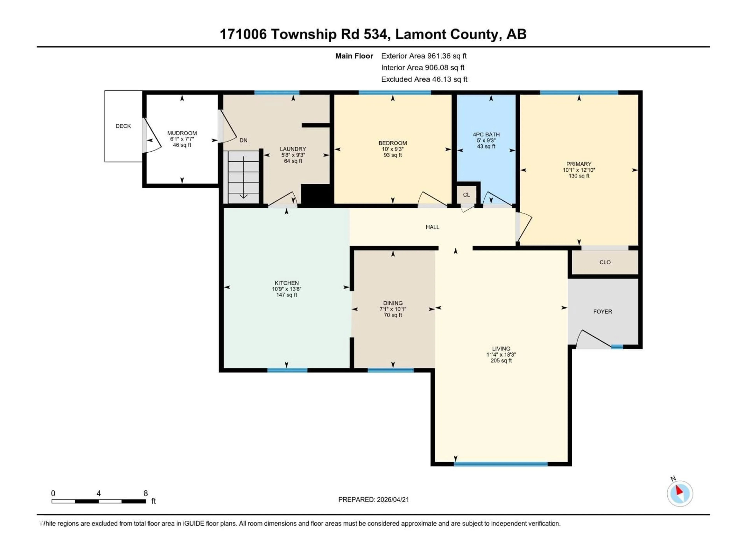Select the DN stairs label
243,140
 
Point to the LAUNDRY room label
293,149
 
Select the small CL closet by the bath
466,195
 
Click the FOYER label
602,311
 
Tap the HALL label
432,227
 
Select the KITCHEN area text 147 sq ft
286,295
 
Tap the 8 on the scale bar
146,493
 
